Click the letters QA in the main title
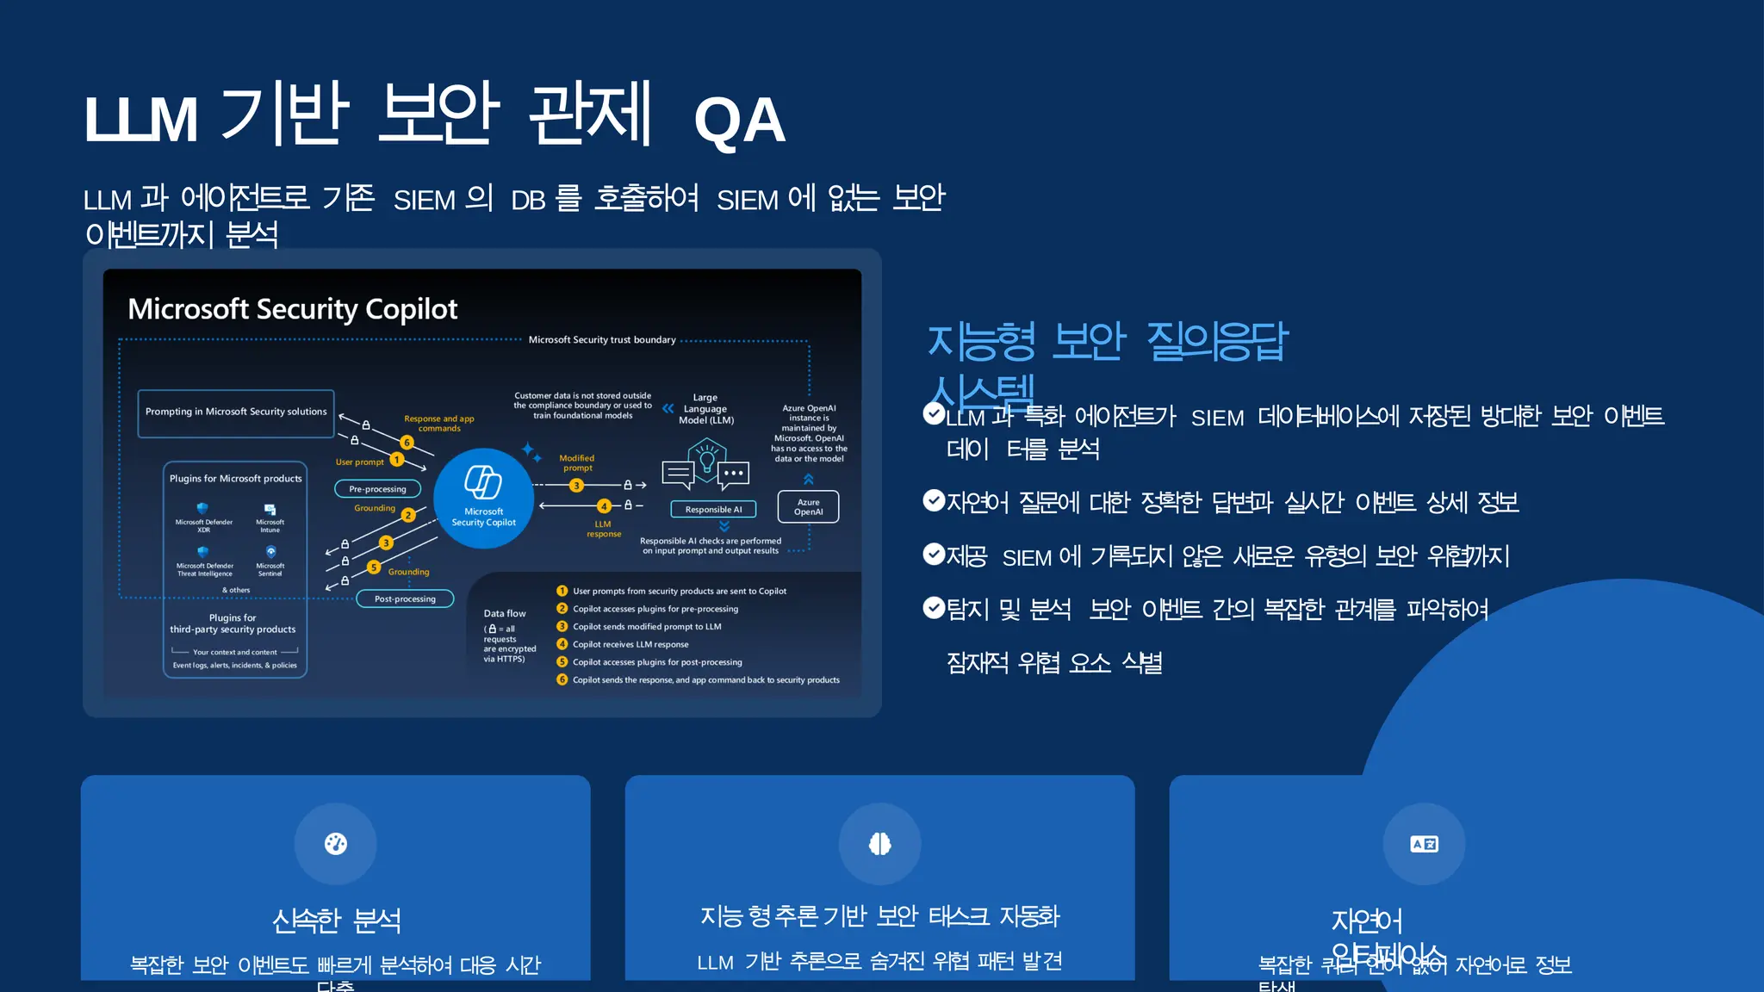click(x=739, y=121)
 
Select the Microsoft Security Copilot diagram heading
click(x=293, y=309)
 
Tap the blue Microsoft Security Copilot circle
click(x=483, y=499)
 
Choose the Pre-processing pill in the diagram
click(x=377, y=489)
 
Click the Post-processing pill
click(x=405, y=598)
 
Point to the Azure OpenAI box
click(x=808, y=507)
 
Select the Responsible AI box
click(x=713, y=510)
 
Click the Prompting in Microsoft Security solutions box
click(x=236, y=412)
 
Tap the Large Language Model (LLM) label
click(x=705, y=409)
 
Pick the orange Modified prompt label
click(x=577, y=463)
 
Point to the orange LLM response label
click(x=603, y=529)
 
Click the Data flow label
click(x=505, y=613)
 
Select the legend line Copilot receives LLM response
click(x=630, y=644)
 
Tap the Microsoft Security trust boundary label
click(x=602, y=340)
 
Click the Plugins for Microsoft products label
click(x=236, y=479)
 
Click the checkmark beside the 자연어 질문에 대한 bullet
click(x=934, y=500)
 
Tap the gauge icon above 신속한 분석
click(x=336, y=844)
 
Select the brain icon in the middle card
click(x=879, y=844)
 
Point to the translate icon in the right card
click(x=1424, y=844)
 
